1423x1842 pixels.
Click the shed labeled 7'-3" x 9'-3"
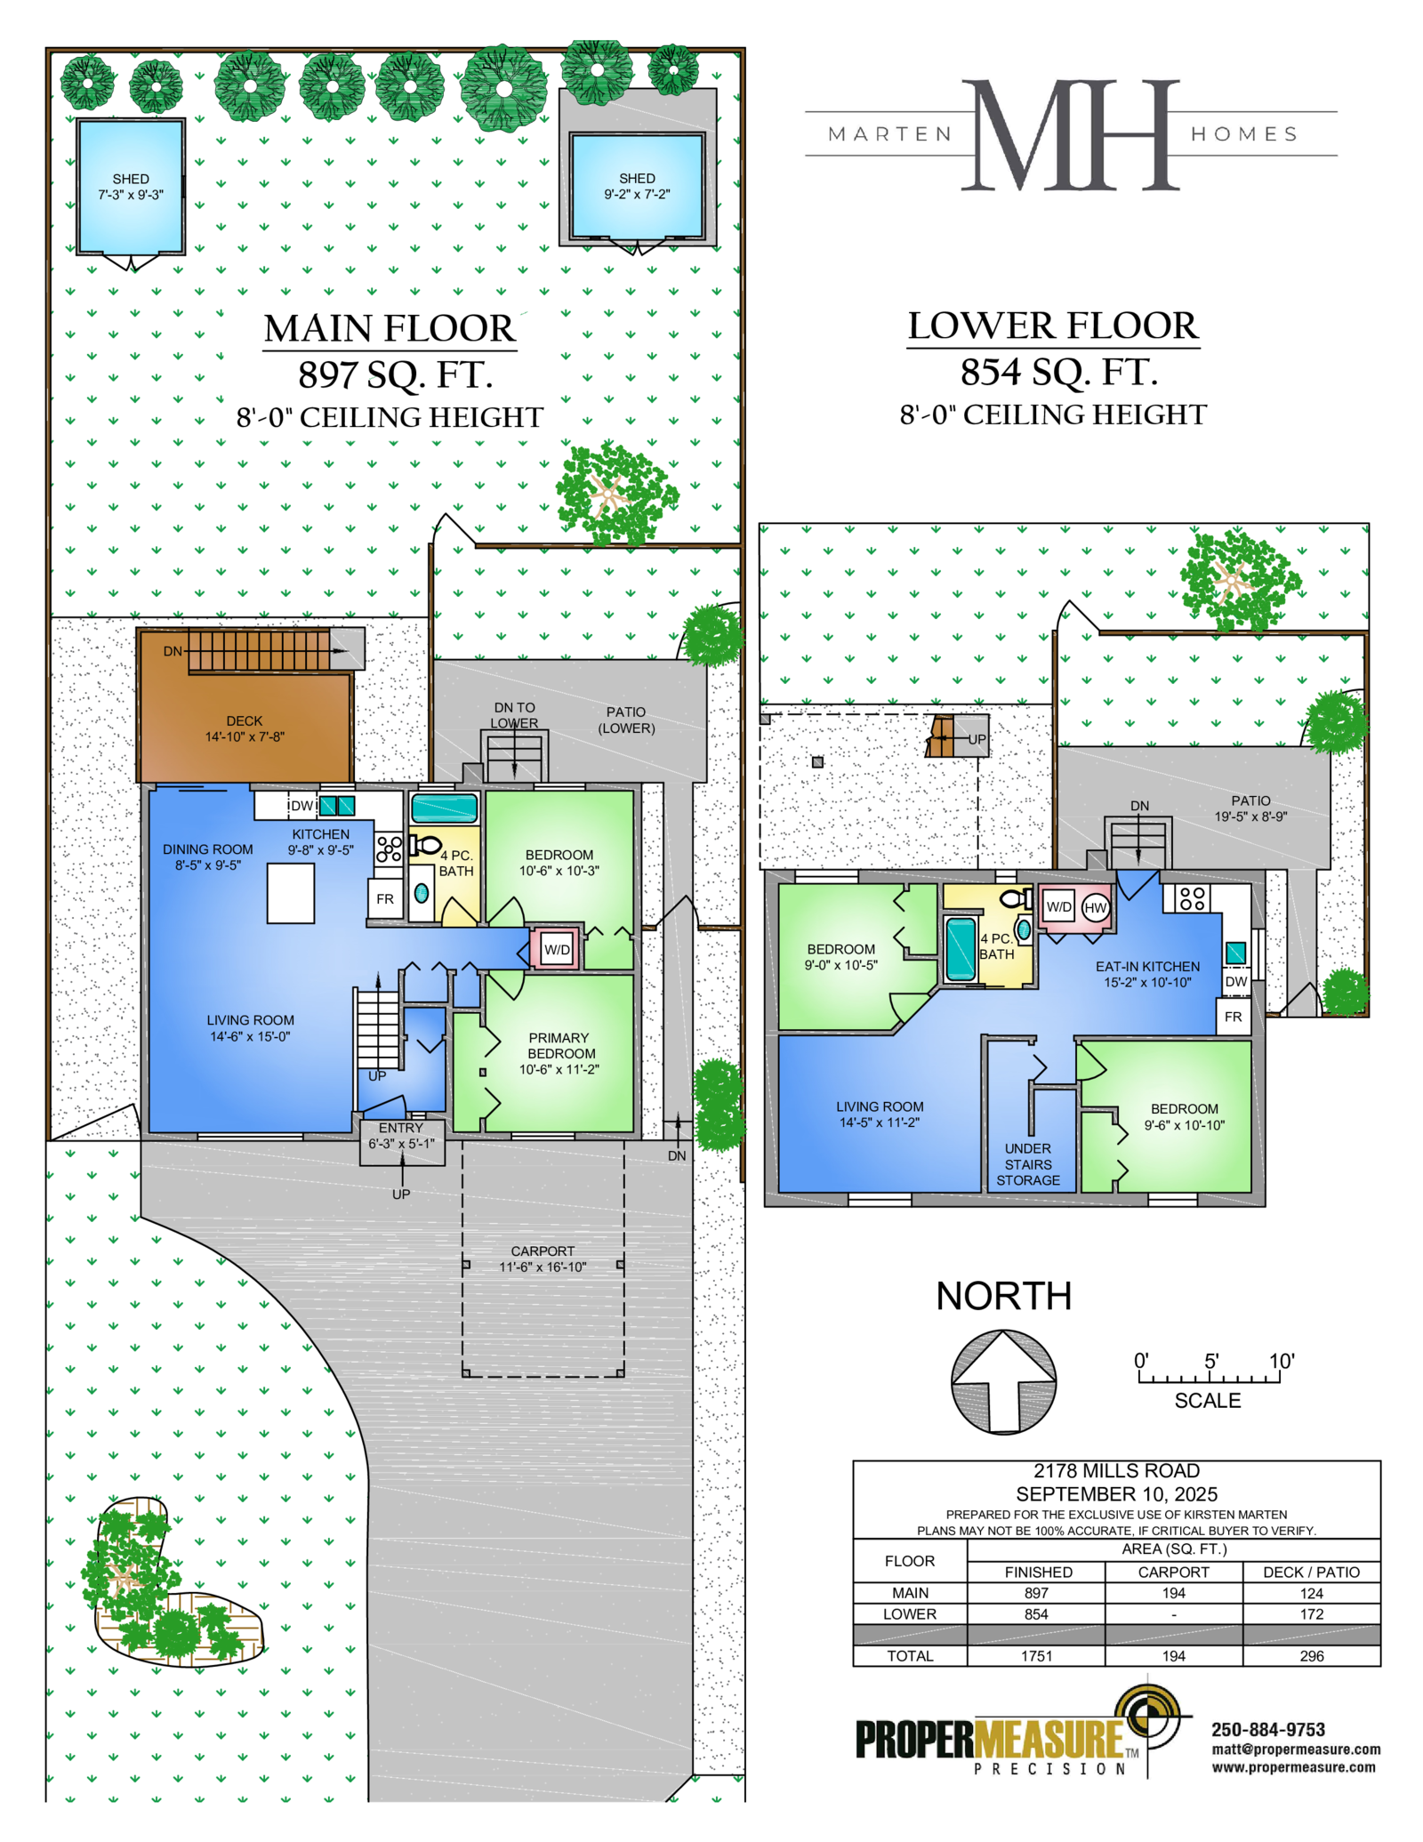(131, 187)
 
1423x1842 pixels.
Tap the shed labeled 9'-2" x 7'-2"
(638, 186)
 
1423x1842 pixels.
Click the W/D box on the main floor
(558, 949)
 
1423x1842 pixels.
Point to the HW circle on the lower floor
(1096, 907)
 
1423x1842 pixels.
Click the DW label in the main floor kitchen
(302, 806)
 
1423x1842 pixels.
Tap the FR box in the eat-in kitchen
(1234, 1017)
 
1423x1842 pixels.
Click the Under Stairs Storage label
(1028, 1164)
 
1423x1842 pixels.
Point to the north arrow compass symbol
(1003, 1381)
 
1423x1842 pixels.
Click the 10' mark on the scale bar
(1282, 1361)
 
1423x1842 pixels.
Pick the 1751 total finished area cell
(1036, 1656)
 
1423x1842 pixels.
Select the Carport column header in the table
(1173, 1572)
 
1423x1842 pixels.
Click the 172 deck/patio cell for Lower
(1312, 1613)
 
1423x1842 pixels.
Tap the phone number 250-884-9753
(1268, 1729)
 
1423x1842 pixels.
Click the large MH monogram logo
(1072, 134)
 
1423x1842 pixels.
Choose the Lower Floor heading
(1053, 326)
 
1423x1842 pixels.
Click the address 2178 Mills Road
(1116, 1471)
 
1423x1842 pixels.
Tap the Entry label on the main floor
(401, 1128)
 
